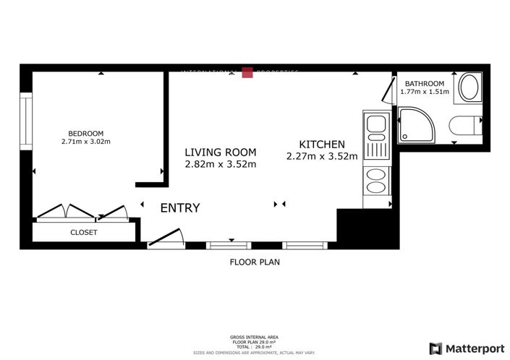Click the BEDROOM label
click(86, 133)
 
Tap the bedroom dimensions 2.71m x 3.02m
click(86, 142)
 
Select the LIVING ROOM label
click(220, 152)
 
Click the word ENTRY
click(179, 208)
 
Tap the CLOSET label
click(83, 233)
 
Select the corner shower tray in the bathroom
click(415, 124)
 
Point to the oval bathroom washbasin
click(469, 87)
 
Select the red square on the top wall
click(247, 72)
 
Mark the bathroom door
click(388, 90)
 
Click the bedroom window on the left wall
click(26, 120)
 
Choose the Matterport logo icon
click(435, 348)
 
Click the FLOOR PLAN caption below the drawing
click(255, 262)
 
